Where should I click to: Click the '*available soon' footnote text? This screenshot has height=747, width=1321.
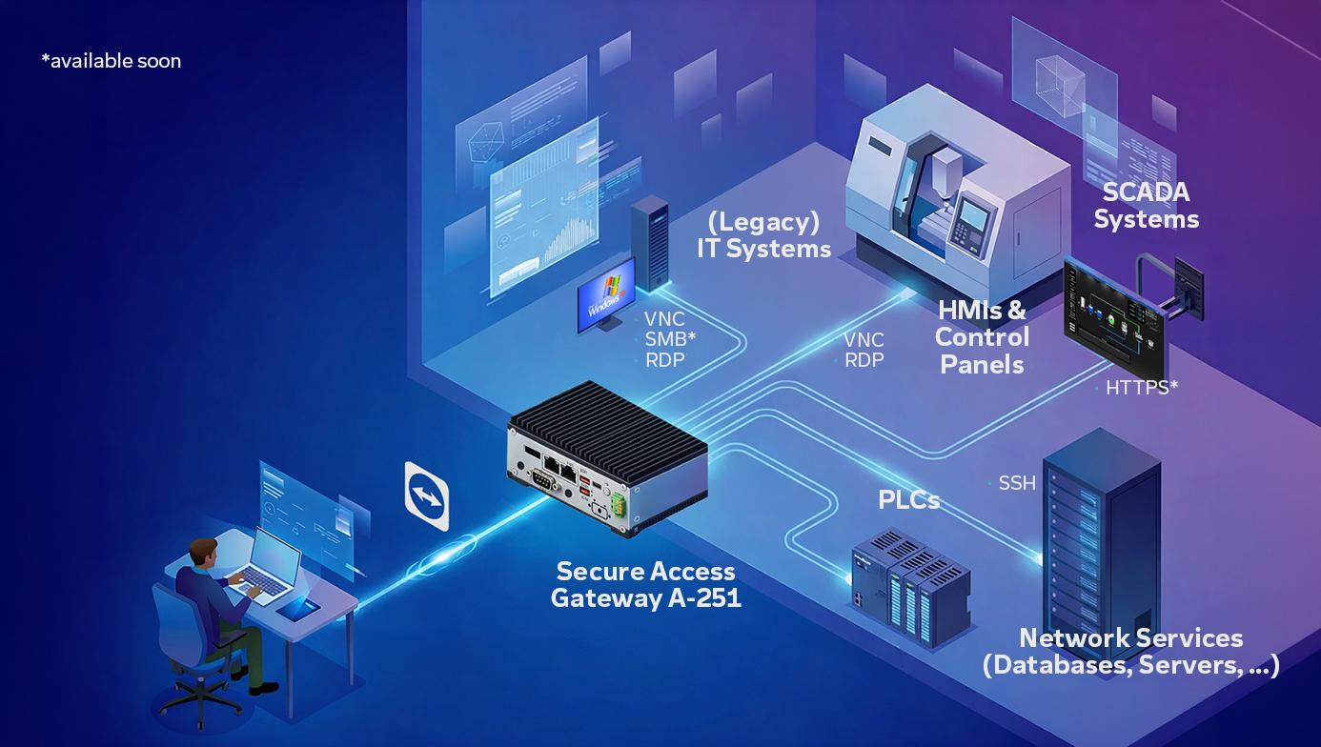pos(111,61)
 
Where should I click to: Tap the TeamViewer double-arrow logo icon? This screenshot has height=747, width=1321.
pos(427,497)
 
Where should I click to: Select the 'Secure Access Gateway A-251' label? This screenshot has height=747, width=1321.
pos(645,585)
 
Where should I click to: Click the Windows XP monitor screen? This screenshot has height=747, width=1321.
pos(606,295)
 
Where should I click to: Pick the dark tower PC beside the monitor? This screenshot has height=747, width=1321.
pos(650,244)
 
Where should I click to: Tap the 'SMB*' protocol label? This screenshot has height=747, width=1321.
pos(670,340)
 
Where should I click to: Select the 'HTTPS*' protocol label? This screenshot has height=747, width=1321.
pos(1141,388)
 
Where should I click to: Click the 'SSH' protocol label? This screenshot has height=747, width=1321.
pos(1017,484)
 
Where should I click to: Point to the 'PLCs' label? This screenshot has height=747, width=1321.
pos(908,500)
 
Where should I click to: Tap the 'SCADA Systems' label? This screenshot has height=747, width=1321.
pos(1146,206)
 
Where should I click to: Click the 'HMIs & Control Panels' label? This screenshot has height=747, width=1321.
pos(982,337)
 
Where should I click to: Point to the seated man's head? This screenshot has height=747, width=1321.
pos(203,552)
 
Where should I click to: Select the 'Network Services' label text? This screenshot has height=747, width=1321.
pos(1130,638)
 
